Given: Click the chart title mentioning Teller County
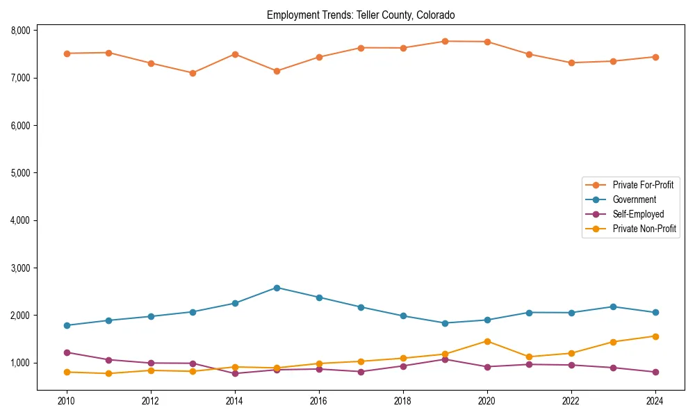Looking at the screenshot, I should [361, 15].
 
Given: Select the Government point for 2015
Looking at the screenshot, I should [277, 288].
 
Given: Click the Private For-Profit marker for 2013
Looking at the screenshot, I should [193, 73].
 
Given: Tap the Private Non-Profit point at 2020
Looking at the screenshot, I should [487, 341].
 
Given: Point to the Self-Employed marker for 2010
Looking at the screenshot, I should [67, 352].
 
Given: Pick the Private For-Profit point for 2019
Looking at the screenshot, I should [445, 41].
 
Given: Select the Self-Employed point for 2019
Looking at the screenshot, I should [445, 359].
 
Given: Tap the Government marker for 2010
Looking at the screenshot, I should [67, 325].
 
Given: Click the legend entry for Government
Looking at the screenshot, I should [634, 199].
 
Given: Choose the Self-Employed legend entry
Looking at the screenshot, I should [638, 214].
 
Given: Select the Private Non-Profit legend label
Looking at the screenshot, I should [644, 229].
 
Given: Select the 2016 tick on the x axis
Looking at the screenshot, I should [319, 401].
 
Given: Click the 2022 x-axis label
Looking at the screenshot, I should [571, 401].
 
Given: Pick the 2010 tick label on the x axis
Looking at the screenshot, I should [67, 401].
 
